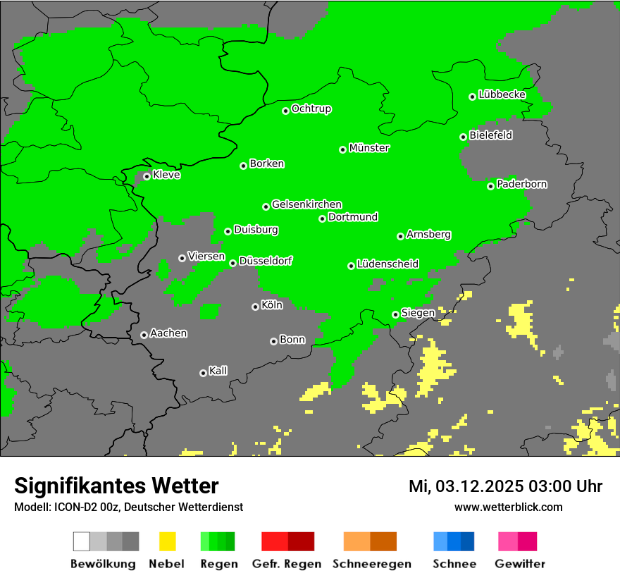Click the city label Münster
point(369,148)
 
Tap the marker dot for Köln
point(255,307)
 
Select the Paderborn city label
point(522,184)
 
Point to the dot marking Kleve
point(147,176)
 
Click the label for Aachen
point(168,333)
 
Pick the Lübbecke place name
point(502,94)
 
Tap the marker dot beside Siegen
point(395,314)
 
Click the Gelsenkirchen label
point(306,204)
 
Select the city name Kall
point(218,371)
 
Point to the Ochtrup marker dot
point(285,111)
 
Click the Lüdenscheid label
point(387,264)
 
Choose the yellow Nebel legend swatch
point(167,541)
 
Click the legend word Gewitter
point(520,564)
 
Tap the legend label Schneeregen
point(371,564)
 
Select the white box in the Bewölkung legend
point(82,541)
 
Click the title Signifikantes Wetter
point(116,486)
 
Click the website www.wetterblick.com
point(509,507)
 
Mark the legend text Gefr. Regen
point(287,564)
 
